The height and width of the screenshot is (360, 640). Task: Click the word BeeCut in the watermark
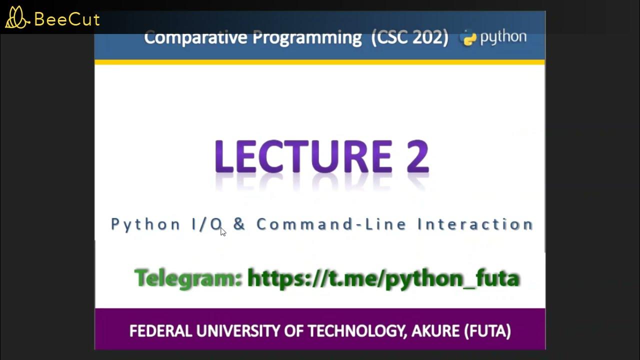click(67, 20)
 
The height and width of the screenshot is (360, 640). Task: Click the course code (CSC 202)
click(409, 37)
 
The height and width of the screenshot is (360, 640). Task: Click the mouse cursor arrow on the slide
click(223, 231)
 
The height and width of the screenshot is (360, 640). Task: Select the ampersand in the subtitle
click(239, 224)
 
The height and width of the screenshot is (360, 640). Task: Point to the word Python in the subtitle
click(145, 224)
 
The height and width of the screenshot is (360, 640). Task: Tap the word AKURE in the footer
click(435, 331)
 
